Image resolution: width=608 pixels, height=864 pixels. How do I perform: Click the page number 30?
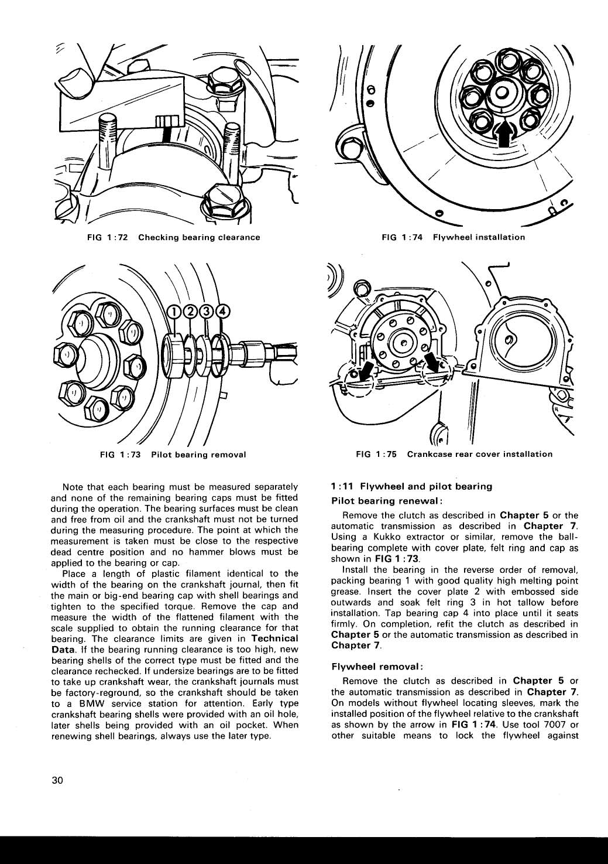tap(57, 780)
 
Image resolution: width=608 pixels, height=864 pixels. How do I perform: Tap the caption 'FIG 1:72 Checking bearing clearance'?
tap(173, 237)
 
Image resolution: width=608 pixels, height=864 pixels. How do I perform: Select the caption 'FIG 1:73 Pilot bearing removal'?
tap(174, 454)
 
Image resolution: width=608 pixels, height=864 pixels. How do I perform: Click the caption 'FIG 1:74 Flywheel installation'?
tap(453, 237)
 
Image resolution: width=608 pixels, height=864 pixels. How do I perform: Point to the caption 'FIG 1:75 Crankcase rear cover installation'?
tap(454, 454)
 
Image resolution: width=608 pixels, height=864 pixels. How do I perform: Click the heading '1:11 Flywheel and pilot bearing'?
tap(411, 486)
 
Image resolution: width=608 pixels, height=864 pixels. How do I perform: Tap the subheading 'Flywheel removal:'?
tap(377, 667)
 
